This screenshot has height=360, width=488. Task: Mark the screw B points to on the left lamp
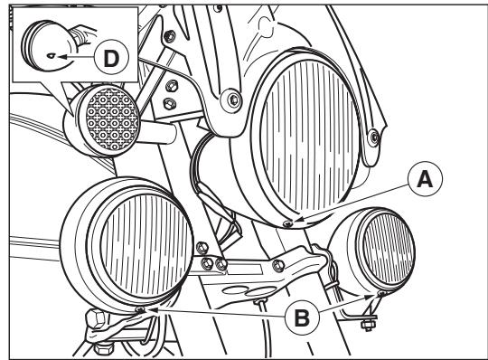click(x=141, y=310)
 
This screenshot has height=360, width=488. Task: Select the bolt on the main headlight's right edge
click(x=372, y=137)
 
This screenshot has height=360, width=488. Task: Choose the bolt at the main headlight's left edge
click(x=231, y=97)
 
